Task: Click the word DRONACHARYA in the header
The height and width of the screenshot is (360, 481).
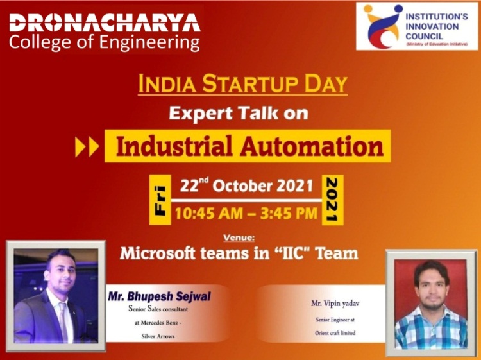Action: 105,22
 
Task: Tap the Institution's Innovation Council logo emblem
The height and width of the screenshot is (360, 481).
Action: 382,26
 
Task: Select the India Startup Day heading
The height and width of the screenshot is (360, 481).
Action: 242,83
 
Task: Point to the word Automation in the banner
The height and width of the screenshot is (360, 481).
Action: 312,146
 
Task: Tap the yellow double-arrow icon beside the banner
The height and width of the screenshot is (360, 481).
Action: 87,147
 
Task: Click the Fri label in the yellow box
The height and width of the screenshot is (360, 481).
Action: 160,200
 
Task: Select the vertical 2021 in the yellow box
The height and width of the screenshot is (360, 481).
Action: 332,200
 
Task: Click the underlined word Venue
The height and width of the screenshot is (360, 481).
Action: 239,237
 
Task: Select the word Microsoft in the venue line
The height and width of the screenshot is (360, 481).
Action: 157,253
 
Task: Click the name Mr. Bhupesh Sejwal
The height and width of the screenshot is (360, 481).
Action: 159,296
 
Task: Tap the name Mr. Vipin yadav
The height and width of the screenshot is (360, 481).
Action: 335,304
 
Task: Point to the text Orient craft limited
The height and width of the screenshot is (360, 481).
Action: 335,333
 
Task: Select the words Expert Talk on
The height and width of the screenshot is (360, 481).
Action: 239,113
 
